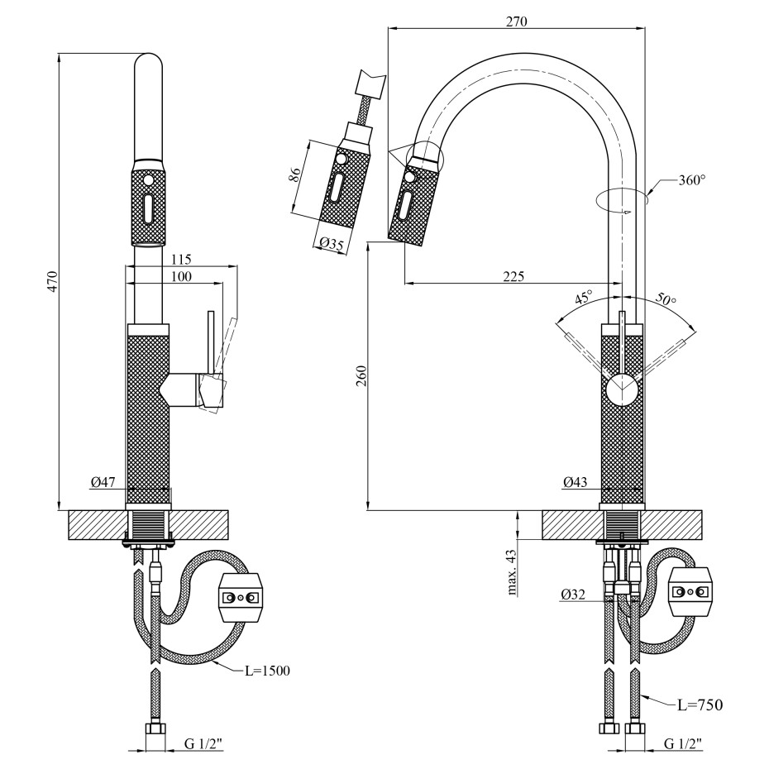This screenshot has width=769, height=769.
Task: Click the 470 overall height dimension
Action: (51, 281)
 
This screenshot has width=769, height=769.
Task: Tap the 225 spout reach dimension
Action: (513, 276)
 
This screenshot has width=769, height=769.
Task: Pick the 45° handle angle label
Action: (584, 298)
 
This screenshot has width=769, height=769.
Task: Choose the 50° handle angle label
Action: (666, 300)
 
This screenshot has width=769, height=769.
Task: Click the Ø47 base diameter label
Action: (103, 481)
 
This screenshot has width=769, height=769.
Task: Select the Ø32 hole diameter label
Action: (573, 594)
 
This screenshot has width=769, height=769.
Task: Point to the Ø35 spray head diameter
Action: (330, 244)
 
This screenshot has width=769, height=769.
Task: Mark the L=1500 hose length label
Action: (267, 671)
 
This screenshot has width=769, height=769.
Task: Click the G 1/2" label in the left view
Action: (203, 743)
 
